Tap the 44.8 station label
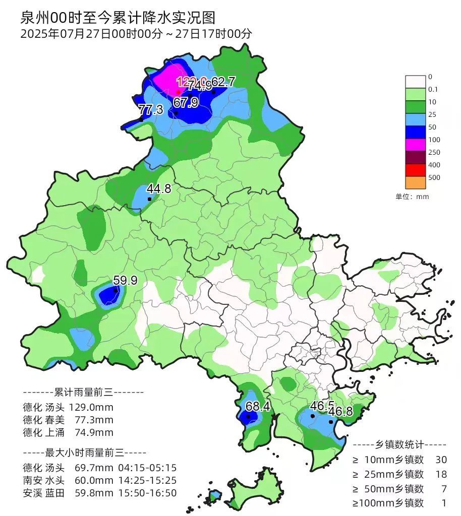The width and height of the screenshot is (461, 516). [x=158, y=189]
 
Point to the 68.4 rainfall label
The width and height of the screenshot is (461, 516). [x=257, y=406]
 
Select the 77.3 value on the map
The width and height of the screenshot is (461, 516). [x=150, y=109]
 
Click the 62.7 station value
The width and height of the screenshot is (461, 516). [x=223, y=82]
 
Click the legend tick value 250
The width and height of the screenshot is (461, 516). [x=434, y=152]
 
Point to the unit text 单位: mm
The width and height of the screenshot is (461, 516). [x=412, y=197]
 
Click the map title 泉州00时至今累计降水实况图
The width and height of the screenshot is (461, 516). [x=118, y=18]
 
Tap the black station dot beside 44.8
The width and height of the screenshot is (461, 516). [x=149, y=199]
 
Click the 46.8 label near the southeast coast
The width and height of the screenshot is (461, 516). [x=340, y=412]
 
